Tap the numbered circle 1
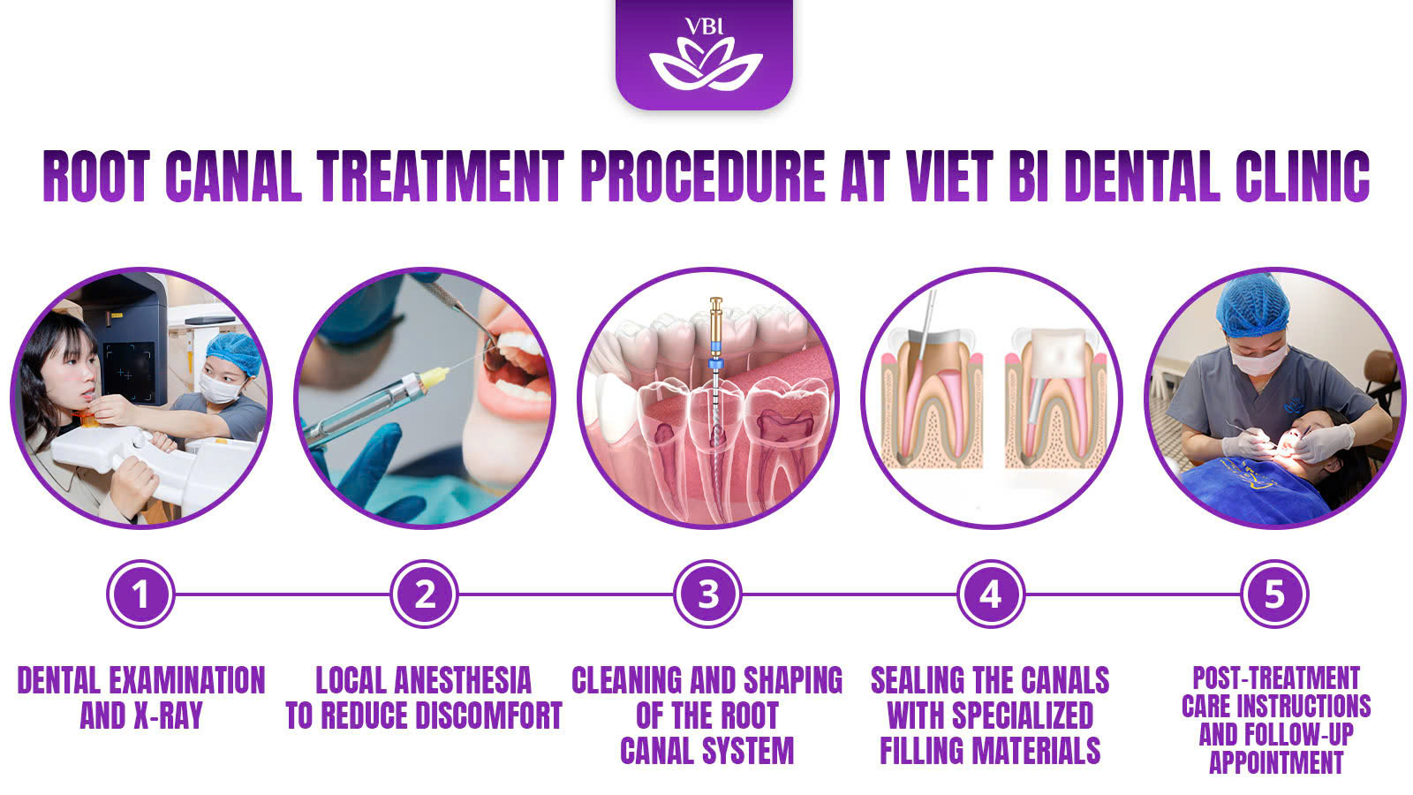[140, 594]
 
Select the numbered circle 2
[424, 594]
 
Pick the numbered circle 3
[707, 594]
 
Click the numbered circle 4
[990, 594]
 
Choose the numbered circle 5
[1274, 594]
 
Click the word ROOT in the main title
[96, 176]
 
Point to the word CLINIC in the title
[1302, 176]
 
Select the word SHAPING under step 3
[793, 681]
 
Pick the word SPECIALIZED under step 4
[1023, 715]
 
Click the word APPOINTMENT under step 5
[1276, 762]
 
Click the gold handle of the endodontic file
[715, 319]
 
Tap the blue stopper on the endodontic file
[715, 363]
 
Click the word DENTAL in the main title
[1142, 176]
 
